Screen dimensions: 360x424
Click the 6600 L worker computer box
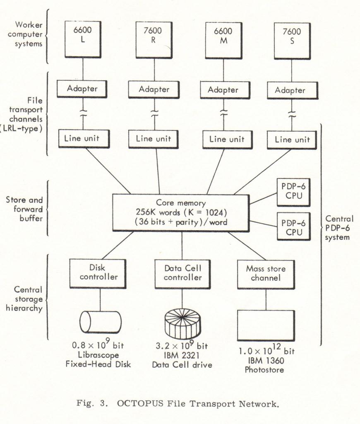(83, 39)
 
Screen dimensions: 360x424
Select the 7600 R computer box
(154, 40)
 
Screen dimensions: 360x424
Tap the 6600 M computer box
(223, 41)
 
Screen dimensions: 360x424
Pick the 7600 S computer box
(292, 41)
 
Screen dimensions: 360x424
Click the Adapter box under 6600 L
(82, 89)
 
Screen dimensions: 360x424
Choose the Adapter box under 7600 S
(293, 91)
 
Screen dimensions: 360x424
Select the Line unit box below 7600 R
(153, 139)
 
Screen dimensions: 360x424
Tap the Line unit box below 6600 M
(227, 140)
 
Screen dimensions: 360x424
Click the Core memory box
(180, 213)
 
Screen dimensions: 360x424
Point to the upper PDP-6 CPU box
(293, 192)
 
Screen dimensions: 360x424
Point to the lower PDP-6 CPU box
(293, 226)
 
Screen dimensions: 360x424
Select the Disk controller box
(98, 273)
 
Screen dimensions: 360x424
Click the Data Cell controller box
(182, 274)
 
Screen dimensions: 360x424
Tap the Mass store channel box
(266, 275)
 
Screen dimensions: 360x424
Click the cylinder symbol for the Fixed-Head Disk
(100, 322)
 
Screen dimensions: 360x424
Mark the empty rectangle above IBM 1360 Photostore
(266, 325)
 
